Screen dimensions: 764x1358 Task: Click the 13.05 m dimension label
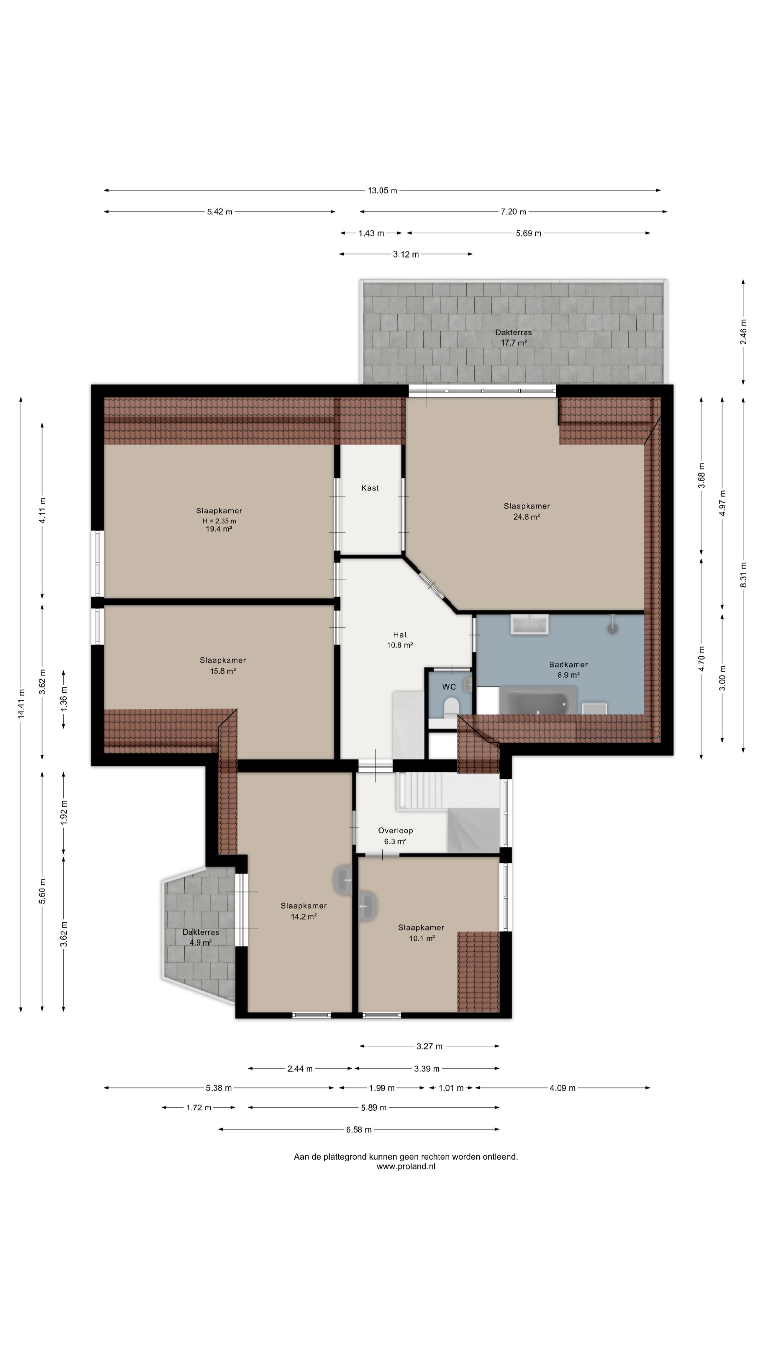pos(382,190)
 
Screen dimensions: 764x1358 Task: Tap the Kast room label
pos(370,488)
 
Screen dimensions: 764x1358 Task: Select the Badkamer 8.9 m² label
pos(568,669)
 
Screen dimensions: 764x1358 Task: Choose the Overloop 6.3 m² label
pos(395,836)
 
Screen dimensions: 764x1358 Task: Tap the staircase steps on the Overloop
pos(422,790)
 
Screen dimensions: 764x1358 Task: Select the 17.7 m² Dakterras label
pos(514,337)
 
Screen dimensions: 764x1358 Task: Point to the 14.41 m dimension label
pos(21,703)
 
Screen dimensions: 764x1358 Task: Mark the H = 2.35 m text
pos(219,521)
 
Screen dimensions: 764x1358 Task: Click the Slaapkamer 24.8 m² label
pos(527,511)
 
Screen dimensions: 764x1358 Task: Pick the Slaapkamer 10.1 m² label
pos(421,933)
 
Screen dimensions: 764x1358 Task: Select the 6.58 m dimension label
pos(359,1129)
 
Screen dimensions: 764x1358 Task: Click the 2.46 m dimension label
pos(743,332)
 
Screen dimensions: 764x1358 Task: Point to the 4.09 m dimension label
pos(563,1087)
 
